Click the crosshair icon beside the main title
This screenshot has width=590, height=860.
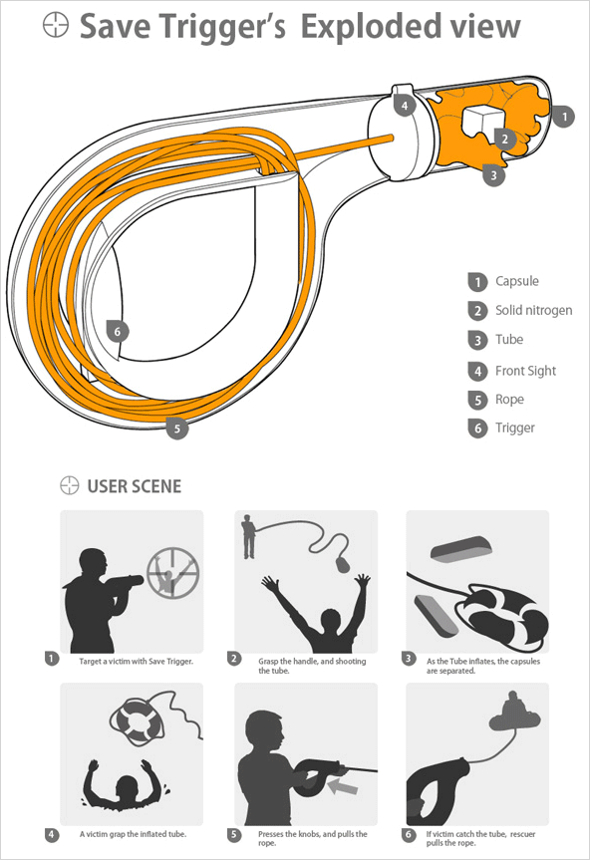[x=56, y=25]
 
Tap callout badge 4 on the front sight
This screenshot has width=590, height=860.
[x=405, y=106]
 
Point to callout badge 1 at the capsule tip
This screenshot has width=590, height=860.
[x=564, y=117]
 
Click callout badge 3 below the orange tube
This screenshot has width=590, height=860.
[x=493, y=175]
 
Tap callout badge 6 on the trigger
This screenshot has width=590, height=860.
[x=118, y=331]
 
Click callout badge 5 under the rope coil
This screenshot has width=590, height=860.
[x=177, y=428]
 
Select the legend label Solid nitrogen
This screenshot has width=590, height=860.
[x=533, y=311]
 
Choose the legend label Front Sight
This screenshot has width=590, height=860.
[x=525, y=371]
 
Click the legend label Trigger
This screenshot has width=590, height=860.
[x=515, y=428]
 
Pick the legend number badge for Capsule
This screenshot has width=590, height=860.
[x=477, y=282]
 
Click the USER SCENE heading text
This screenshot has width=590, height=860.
[x=135, y=486]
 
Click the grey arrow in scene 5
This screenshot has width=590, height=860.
[x=342, y=787]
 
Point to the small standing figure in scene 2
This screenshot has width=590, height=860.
[x=249, y=536]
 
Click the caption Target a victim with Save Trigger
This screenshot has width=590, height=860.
[x=136, y=662]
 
